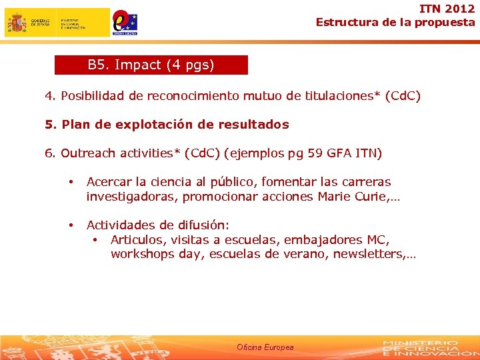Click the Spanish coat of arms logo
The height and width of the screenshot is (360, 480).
pos(17,23)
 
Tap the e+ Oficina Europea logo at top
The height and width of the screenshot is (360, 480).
pos(125,22)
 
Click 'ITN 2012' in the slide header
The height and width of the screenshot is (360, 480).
pos(447,9)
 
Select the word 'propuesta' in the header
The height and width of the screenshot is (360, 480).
pos(445,22)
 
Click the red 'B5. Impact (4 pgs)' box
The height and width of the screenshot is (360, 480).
pos(151,65)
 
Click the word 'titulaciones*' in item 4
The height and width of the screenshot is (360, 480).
pos(342,96)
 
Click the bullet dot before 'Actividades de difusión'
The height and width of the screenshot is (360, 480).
pos(70,225)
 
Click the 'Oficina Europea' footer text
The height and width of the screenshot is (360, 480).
pos(265,347)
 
